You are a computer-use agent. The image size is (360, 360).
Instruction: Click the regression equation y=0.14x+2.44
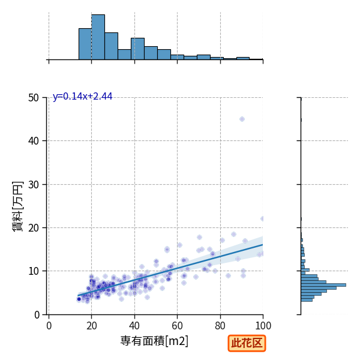[82, 97]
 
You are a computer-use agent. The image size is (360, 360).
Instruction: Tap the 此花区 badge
[247, 343]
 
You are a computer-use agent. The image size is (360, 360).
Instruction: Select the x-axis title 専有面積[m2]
[154, 341]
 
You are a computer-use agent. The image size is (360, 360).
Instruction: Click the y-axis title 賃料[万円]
[17, 206]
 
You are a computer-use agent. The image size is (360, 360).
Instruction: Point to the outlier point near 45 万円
[242, 119]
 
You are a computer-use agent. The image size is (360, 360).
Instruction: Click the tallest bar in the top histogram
[98, 37]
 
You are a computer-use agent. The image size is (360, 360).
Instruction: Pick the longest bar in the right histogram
[323, 285]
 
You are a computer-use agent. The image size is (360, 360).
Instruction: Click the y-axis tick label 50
[34, 98]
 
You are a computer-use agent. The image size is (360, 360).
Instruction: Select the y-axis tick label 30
[34, 185]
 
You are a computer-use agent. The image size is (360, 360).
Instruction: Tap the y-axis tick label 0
[37, 315]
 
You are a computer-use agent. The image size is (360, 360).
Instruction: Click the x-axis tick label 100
[263, 326]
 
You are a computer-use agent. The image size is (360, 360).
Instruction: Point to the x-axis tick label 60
[177, 326]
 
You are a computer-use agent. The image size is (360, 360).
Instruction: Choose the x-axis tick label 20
[92, 326]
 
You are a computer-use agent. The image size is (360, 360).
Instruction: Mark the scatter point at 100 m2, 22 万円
[262, 218]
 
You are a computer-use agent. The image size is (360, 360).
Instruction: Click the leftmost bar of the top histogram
[85, 44]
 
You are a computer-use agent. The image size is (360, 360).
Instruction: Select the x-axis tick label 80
[220, 326]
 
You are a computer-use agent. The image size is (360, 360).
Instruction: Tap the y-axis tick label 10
[34, 271]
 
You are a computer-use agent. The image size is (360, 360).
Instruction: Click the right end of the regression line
[263, 245]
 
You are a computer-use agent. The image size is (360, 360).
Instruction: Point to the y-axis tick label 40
[34, 141]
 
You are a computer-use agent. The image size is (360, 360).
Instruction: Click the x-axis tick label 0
[49, 326]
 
